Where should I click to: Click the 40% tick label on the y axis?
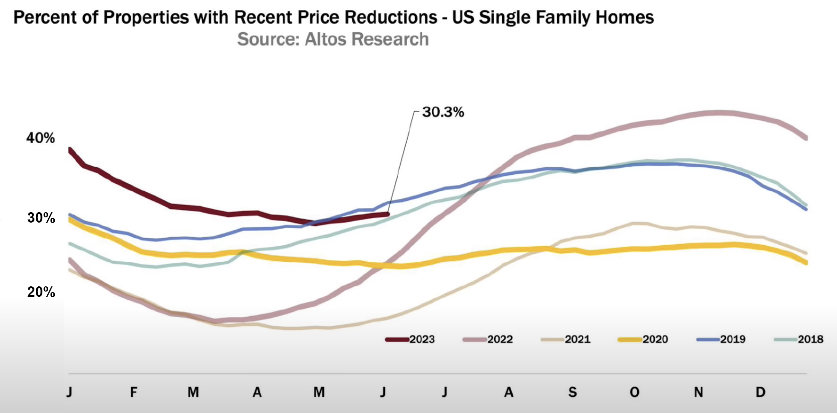(x=41, y=138)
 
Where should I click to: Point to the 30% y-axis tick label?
(x=41, y=218)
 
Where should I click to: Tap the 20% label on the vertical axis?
(x=41, y=292)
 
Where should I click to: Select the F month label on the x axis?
(x=134, y=392)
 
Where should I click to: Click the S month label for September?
(x=572, y=392)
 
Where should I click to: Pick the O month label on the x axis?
(x=634, y=392)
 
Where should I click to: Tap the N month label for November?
(x=698, y=392)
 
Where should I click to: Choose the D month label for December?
(x=760, y=392)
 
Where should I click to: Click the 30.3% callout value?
(x=443, y=112)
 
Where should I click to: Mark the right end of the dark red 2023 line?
(x=388, y=214)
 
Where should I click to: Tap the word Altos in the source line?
(x=326, y=39)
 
